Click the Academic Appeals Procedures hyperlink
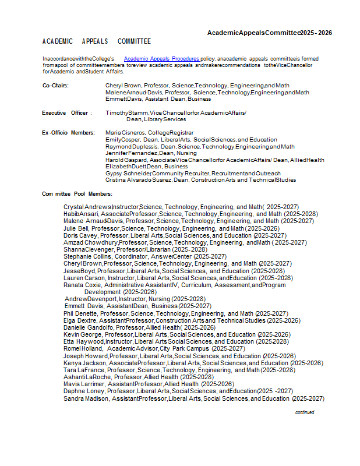click(x=162, y=59)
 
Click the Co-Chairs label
click(x=55, y=86)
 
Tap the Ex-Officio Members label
click(x=68, y=133)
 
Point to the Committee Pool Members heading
click(x=77, y=193)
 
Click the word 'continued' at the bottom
click(x=304, y=412)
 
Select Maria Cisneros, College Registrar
click(x=149, y=133)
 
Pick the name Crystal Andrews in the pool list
click(x=87, y=207)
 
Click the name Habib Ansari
click(x=81, y=214)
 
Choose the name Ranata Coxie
click(x=82, y=285)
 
